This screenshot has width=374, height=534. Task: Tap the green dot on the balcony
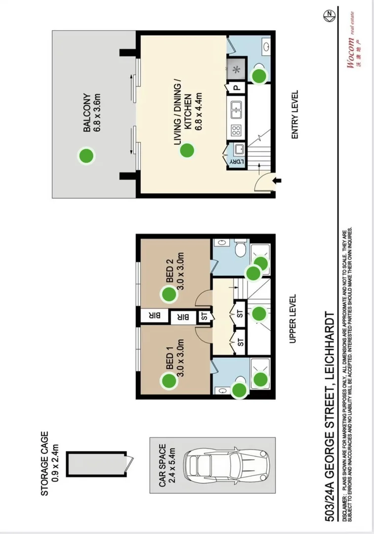click(x=86, y=156)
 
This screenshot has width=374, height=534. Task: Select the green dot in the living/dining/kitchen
click(x=186, y=150)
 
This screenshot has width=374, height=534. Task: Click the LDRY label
click(x=236, y=162)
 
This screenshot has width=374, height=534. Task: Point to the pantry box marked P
click(x=237, y=88)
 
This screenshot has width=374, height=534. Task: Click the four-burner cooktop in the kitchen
click(x=236, y=131)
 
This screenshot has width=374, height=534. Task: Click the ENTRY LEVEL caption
click(x=295, y=114)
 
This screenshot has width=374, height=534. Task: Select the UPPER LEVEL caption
click(x=292, y=319)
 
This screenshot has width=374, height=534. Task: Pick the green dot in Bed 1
click(x=169, y=381)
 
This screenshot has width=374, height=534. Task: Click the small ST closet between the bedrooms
click(x=204, y=317)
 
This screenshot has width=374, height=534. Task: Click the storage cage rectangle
click(x=96, y=464)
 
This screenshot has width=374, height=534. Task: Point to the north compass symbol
click(x=329, y=15)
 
